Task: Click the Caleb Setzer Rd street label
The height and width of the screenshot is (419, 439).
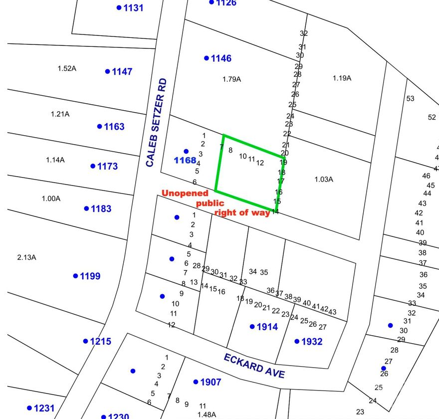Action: pos(157,122)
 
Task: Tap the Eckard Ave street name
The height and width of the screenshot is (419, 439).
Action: pos(254,366)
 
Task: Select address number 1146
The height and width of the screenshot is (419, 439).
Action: pos(221,58)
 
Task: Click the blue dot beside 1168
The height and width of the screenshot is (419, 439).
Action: pos(186,151)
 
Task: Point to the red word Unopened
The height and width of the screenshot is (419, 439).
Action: pos(185,194)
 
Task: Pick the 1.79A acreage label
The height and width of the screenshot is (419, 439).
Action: pos(231,79)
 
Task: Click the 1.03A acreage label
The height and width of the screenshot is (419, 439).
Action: pos(324,180)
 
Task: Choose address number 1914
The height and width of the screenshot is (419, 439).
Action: pos(267,327)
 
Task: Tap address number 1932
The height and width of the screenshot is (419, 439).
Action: pos(312,342)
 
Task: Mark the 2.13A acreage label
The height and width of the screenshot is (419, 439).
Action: pos(26,257)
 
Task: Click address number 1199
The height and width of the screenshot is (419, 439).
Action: pos(90,276)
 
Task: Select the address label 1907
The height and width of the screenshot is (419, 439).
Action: pos(210,383)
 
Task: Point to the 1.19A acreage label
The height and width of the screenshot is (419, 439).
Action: pos(342,78)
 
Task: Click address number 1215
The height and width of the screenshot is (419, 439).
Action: pos(100,342)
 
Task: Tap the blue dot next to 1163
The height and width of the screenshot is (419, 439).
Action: pos(100,126)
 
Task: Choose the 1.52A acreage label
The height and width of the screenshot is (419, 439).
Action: pos(67,68)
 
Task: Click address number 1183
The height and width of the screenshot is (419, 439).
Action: pos(101,209)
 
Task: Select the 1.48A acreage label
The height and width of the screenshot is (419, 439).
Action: pos(207,415)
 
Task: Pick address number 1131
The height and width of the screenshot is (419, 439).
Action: pos(133,8)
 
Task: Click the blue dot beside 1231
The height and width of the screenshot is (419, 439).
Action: pos(29,408)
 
